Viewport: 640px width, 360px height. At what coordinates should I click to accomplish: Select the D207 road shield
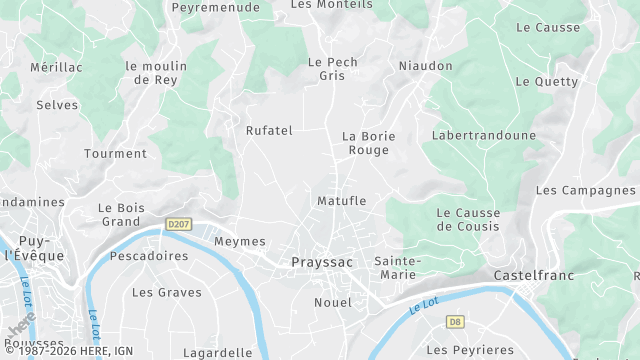pyautogui.click(x=179, y=224)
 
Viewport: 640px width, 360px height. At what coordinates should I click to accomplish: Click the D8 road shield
pyautogui.click(x=455, y=321)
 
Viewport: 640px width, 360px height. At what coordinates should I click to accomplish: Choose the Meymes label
pyautogui.click(x=240, y=241)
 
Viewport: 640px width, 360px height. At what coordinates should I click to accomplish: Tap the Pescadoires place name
pyautogui.click(x=149, y=256)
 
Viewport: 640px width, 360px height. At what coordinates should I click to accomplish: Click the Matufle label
pyautogui.click(x=341, y=201)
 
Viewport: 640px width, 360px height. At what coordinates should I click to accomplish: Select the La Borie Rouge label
pyautogui.click(x=369, y=143)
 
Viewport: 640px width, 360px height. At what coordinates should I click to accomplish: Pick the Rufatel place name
pyautogui.click(x=269, y=130)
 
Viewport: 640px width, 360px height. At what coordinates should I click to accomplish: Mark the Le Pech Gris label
pyautogui.click(x=331, y=68)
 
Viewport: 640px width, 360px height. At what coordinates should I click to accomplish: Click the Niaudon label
pyautogui.click(x=425, y=66)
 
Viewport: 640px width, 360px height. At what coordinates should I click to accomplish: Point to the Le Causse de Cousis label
pyautogui.click(x=468, y=219)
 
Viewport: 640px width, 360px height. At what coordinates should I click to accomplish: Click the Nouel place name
pyautogui.click(x=333, y=302)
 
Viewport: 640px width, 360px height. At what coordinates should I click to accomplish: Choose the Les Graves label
pyautogui.click(x=167, y=293)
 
